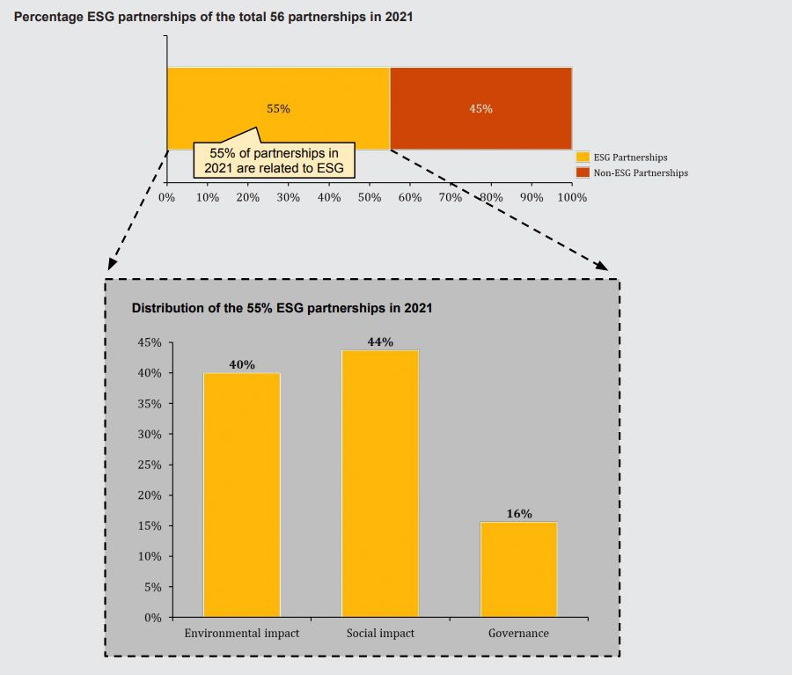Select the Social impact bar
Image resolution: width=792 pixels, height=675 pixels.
pyautogui.click(x=380, y=483)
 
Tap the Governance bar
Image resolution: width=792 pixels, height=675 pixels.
pyautogui.click(x=518, y=569)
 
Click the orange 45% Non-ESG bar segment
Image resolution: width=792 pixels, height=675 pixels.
pyautogui.click(x=480, y=108)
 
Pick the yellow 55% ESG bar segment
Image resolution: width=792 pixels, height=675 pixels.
pyautogui.click(x=278, y=97)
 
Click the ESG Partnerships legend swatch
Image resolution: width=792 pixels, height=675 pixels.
pyautogui.click(x=583, y=158)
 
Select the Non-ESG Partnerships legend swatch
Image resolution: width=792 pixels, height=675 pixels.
pyautogui.click(x=583, y=172)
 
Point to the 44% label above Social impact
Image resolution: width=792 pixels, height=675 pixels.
pyautogui.click(x=380, y=342)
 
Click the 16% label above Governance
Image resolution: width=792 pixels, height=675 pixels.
pyautogui.click(x=519, y=514)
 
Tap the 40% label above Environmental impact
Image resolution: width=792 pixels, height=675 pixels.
pyautogui.click(x=242, y=364)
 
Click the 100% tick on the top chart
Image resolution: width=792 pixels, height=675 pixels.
pyautogui.click(x=572, y=197)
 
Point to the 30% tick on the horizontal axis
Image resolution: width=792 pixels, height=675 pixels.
pyautogui.click(x=289, y=197)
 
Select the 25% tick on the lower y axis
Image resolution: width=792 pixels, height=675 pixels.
pyautogui.click(x=149, y=465)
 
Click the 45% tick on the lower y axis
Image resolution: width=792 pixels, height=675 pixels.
pyautogui.click(x=149, y=342)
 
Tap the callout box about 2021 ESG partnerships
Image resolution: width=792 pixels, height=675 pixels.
pyautogui.click(x=274, y=160)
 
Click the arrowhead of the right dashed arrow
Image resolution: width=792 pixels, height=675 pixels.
pyautogui.click(x=603, y=266)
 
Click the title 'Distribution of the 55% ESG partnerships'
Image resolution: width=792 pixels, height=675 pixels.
pyautogui.click(x=282, y=309)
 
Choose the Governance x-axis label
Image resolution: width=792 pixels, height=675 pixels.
pyautogui.click(x=518, y=634)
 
